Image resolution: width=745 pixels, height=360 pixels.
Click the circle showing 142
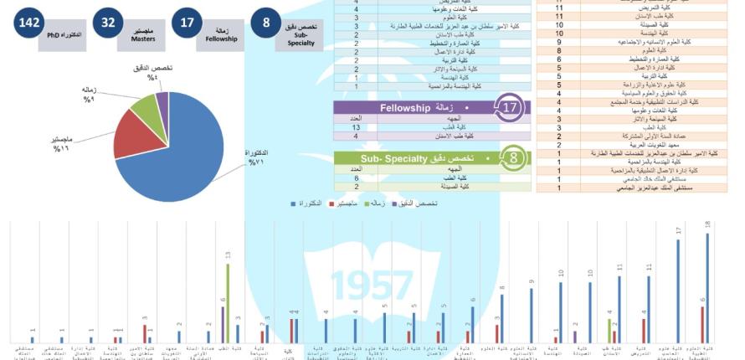coord(28,23)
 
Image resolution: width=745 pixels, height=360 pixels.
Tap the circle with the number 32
coord(108,23)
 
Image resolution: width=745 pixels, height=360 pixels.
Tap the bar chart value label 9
coord(532,281)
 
